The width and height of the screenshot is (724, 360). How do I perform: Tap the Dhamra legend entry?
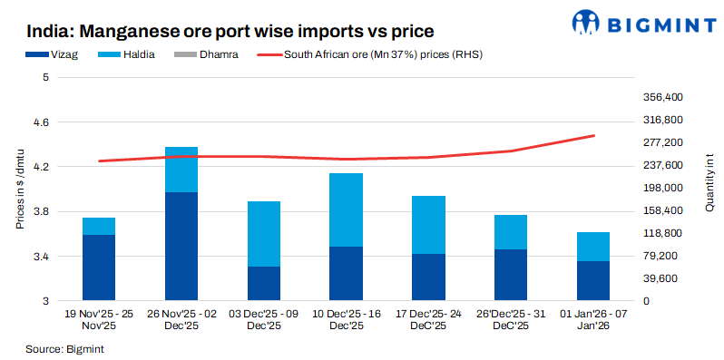[x=218, y=54]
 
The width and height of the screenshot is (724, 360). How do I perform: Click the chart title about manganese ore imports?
[x=236, y=32]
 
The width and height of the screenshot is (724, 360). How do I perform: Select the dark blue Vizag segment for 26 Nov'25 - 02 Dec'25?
[x=181, y=246]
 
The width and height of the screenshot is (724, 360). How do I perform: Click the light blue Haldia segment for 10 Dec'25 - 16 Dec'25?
[x=347, y=209]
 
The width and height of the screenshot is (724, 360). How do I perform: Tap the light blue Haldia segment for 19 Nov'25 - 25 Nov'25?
[x=99, y=226]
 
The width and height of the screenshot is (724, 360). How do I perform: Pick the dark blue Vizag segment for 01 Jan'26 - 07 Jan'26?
[x=593, y=280]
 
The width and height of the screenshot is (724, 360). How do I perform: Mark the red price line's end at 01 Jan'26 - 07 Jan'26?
[x=594, y=136]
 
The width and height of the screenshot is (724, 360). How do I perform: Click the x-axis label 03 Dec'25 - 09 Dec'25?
[x=264, y=319]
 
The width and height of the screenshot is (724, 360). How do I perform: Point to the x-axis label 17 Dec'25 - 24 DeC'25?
[x=429, y=319]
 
